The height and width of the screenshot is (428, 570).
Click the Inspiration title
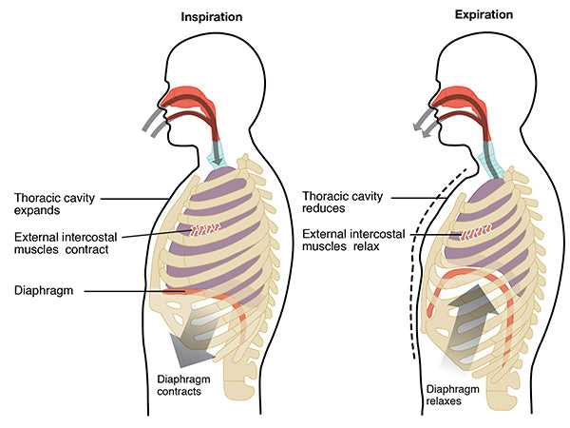pyautogui.click(x=212, y=17)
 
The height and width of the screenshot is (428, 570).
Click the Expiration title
pyautogui.click(x=484, y=15)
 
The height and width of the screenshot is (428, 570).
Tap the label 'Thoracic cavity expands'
pyautogui.click(x=54, y=204)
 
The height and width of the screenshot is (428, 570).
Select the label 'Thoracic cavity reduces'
pyautogui.click(x=342, y=202)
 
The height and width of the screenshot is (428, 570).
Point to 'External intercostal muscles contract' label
pyautogui.click(x=66, y=243)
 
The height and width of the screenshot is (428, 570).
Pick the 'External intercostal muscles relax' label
pyautogui.click(x=353, y=240)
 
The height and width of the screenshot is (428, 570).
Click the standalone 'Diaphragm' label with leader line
pyautogui.click(x=44, y=290)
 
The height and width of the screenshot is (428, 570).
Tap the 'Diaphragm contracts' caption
pyautogui.click(x=183, y=385)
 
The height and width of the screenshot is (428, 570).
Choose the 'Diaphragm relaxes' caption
pyautogui.click(x=452, y=395)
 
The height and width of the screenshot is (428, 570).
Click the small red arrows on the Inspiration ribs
pyautogui.click(x=205, y=229)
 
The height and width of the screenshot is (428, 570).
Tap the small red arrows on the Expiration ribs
pyautogui.click(x=476, y=233)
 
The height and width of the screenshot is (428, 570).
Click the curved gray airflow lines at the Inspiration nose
pyautogui.click(x=156, y=122)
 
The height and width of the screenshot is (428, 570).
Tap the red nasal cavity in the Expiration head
pyautogui.click(x=460, y=99)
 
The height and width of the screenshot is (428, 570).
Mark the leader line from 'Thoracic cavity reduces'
pyautogui.click(x=419, y=198)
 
